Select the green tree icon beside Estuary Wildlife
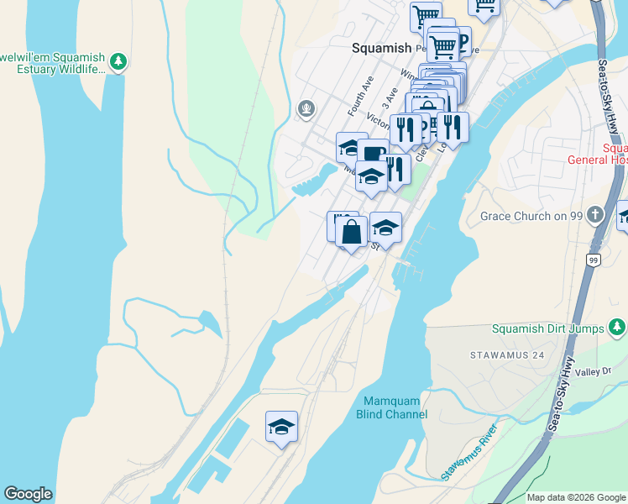(x=119, y=60)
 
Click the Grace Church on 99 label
(x=531, y=216)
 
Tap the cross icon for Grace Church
(x=596, y=214)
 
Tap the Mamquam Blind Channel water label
(x=395, y=407)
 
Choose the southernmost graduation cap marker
(x=282, y=426)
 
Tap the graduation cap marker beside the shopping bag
(x=385, y=227)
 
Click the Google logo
(x=28, y=494)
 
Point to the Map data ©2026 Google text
(x=575, y=497)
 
